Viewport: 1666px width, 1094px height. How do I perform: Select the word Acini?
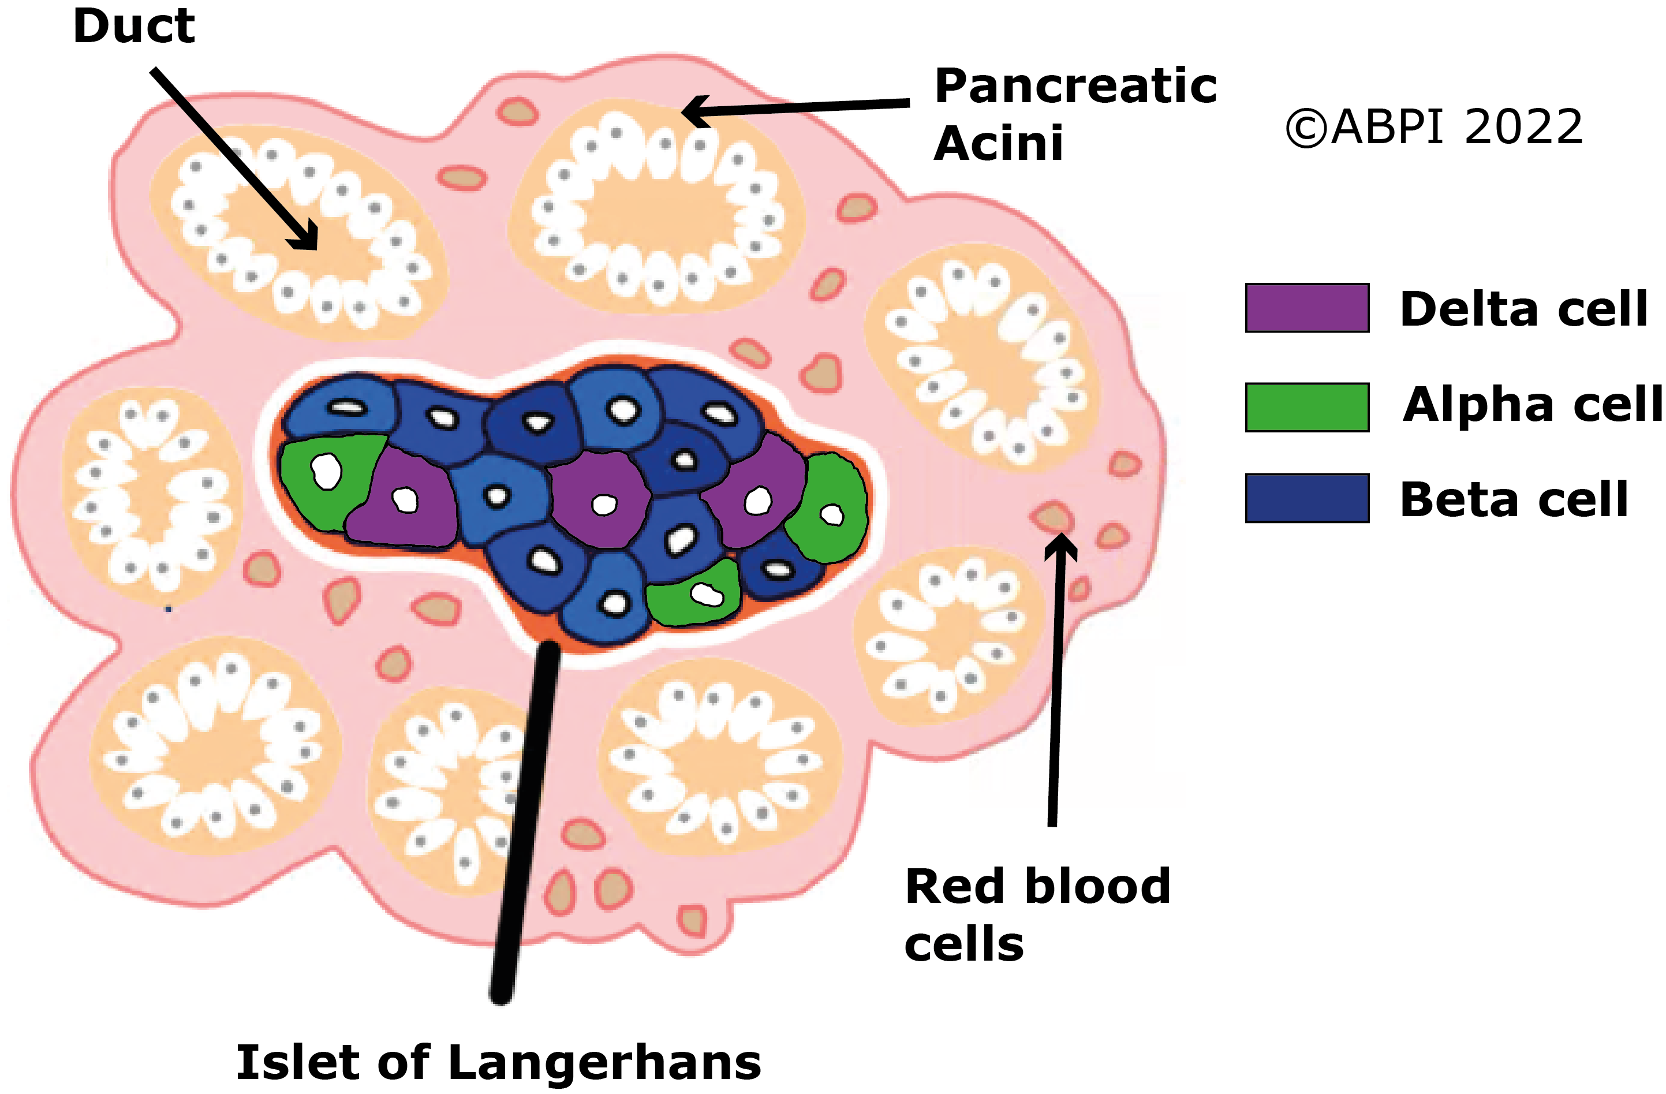pyautogui.click(x=998, y=144)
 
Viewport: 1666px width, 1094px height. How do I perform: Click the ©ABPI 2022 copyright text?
pyautogui.click(x=1435, y=128)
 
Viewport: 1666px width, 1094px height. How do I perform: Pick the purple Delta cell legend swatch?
pyautogui.click(x=1307, y=308)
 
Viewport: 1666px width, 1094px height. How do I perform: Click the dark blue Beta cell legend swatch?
pyautogui.click(x=1307, y=498)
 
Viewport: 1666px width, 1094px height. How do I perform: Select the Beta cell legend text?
pyautogui.click(x=1514, y=500)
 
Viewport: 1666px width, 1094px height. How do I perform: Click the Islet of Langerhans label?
pyautogui.click(x=498, y=1062)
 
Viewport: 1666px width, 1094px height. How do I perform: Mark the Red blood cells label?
pyautogui.click(x=1037, y=915)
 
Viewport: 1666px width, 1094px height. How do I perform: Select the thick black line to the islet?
pyautogui.click(x=525, y=819)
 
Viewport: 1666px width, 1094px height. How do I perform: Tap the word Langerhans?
pyautogui.click(x=604, y=1062)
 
